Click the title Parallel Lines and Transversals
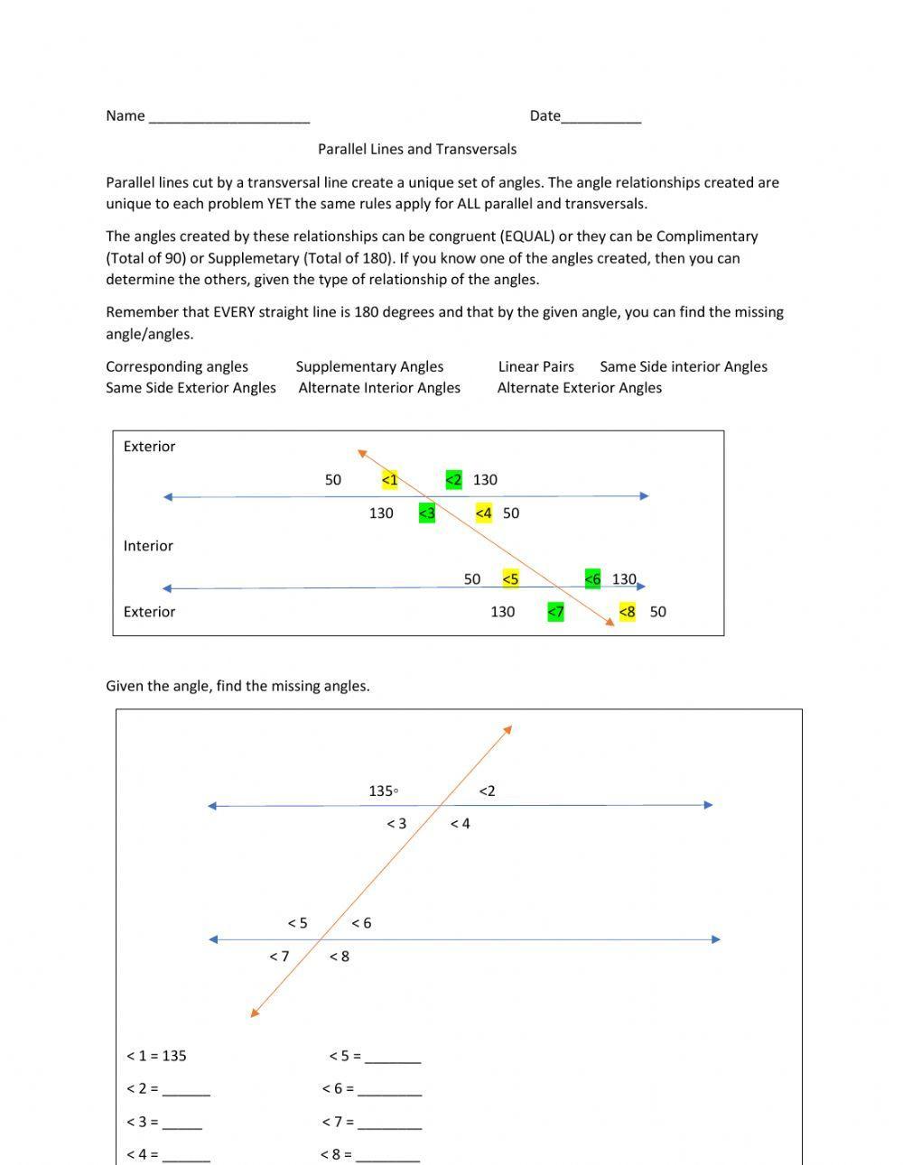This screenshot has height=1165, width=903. tap(416, 149)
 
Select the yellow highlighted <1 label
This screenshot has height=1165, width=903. tap(389, 480)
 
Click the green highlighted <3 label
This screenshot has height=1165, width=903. tap(426, 513)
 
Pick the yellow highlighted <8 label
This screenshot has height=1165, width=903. tap(627, 612)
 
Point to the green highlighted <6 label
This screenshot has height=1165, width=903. tap(592, 579)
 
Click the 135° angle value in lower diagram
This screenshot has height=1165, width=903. tap(383, 791)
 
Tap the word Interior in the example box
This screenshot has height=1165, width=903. tap(148, 546)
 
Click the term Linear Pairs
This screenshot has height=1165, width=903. tap(535, 366)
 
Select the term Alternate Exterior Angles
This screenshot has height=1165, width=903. tap(579, 388)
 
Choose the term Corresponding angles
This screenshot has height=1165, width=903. tap(177, 366)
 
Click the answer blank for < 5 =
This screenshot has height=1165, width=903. tap(393, 1059)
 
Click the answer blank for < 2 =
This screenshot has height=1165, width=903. tap(186, 1092)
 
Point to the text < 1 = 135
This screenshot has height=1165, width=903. tap(156, 1056)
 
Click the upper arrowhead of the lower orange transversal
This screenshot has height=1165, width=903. tap(508, 729)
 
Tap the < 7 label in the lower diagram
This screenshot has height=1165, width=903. tap(279, 957)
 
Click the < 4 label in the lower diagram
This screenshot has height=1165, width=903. tap(460, 824)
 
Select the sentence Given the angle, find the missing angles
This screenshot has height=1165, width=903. tap(237, 686)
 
